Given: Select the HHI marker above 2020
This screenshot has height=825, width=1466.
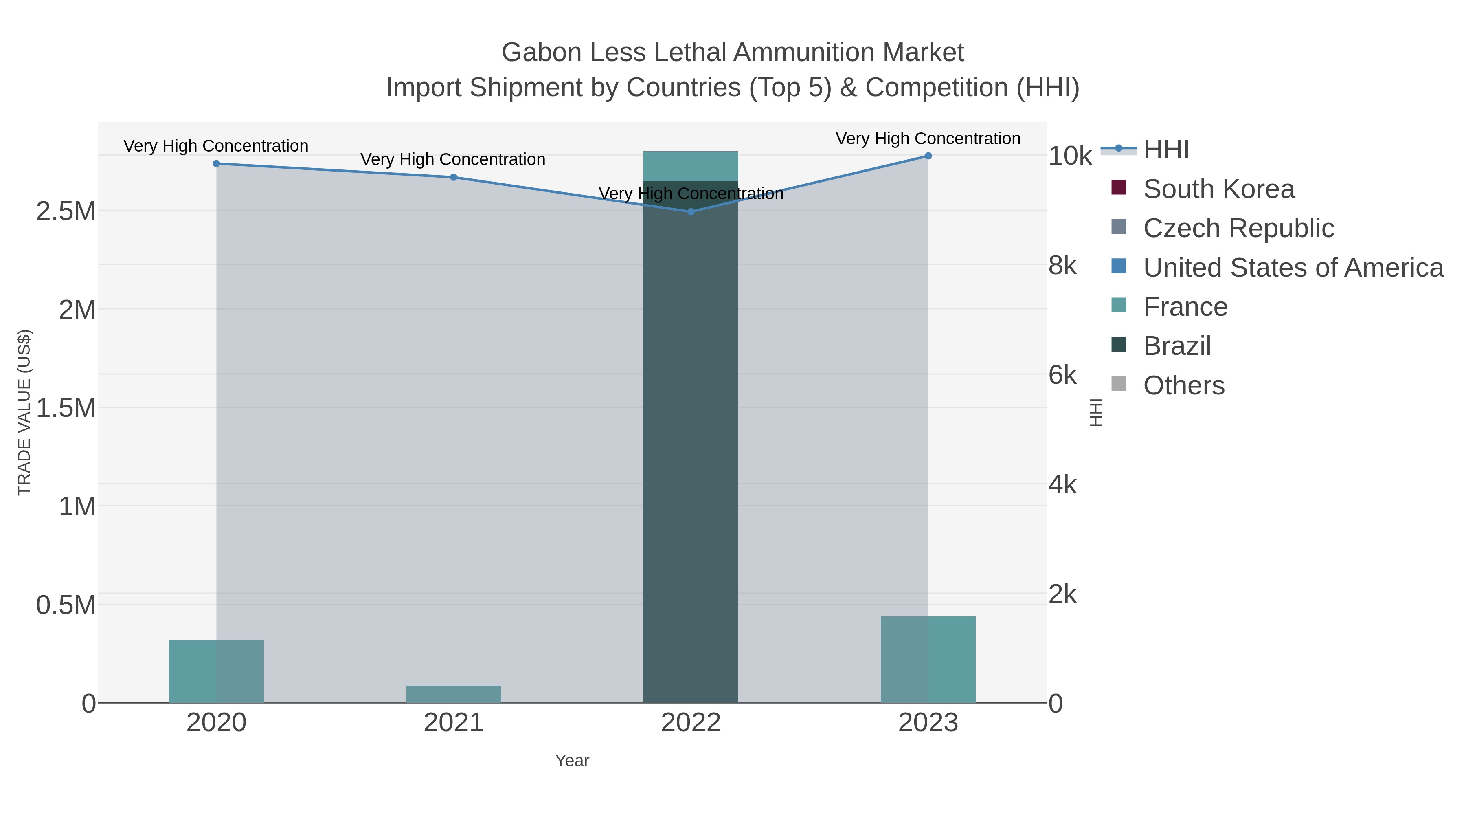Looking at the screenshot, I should point(216,163).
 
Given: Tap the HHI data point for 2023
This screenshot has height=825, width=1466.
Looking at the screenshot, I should point(928,156).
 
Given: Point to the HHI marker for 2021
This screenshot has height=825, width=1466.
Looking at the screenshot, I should point(454,177).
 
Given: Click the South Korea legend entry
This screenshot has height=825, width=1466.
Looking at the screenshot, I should point(1218,189).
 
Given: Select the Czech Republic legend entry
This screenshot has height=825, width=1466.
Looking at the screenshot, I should point(1238,228).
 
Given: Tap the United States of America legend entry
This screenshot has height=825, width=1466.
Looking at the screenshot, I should point(1292,268).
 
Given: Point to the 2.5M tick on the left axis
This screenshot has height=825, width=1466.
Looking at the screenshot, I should point(66,211).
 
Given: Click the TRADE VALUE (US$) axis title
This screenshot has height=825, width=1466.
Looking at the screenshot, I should point(24,412).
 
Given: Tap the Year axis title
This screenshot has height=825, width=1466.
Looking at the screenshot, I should point(572,761).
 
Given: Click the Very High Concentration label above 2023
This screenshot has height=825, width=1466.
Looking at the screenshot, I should point(928,139).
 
